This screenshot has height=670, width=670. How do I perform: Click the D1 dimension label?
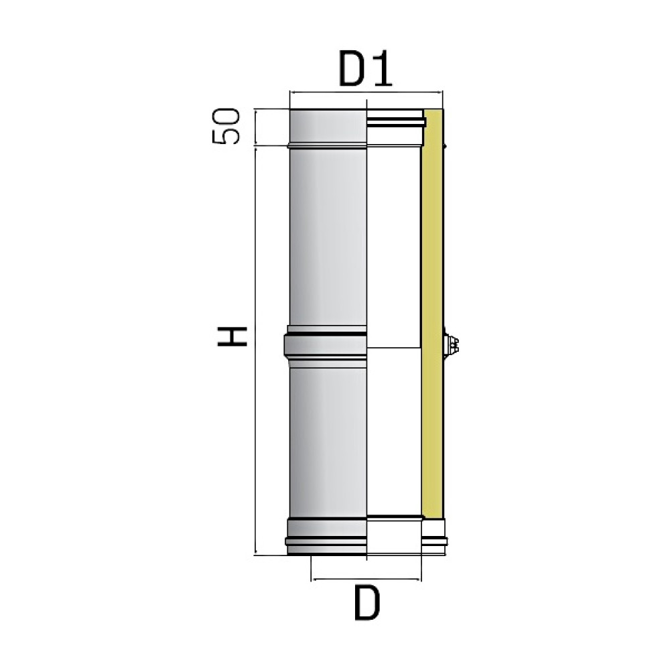[365, 68]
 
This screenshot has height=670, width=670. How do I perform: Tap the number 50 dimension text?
[226, 126]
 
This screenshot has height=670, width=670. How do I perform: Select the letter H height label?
[232, 336]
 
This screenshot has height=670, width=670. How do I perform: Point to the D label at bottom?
[367, 602]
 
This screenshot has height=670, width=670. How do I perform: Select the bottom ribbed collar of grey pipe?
[327, 536]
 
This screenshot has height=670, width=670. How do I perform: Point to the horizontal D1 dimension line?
[366, 91]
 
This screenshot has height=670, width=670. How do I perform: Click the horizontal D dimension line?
[366, 580]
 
